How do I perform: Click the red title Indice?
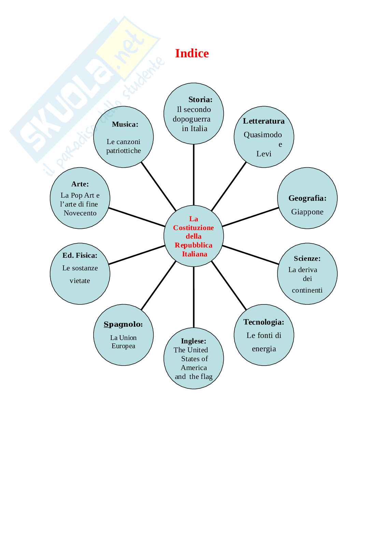[x=192, y=53]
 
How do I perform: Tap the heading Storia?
[x=200, y=99]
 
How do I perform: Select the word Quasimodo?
[x=263, y=134]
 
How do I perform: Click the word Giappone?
[x=307, y=212]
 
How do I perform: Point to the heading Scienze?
[x=307, y=258]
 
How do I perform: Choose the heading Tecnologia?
[x=264, y=322]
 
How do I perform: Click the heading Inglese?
[x=194, y=341]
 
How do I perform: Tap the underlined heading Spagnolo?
[x=123, y=324]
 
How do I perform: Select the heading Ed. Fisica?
[x=80, y=255]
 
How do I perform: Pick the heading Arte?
[x=80, y=184]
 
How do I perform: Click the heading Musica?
[x=125, y=124]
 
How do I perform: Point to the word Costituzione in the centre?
[x=193, y=228]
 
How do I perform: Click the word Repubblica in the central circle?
[x=193, y=245]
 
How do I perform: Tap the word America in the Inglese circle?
[x=194, y=368]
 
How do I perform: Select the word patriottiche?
[x=123, y=151]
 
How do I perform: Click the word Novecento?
[x=80, y=213]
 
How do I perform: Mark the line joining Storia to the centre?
[x=194, y=174]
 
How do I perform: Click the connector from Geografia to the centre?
[x=250, y=217]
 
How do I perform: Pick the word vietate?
[x=80, y=281]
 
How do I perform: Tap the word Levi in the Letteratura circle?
[x=264, y=154]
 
